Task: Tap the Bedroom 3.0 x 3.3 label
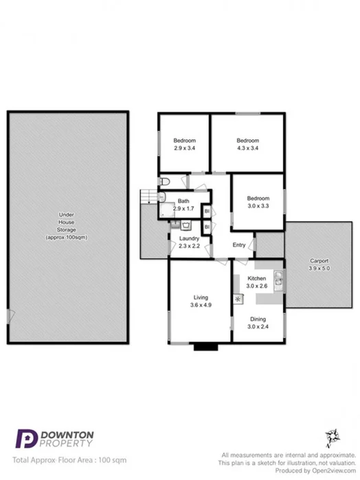(x=258, y=202)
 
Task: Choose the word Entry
(x=239, y=245)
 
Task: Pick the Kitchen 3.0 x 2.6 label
(x=256, y=282)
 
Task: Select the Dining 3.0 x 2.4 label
(x=257, y=323)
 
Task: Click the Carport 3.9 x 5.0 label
(x=318, y=264)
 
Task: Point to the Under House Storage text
(x=66, y=226)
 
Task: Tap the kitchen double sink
(x=278, y=278)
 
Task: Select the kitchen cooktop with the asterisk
(x=238, y=299)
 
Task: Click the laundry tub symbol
(x=185, y=225)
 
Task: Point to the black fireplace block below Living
(x=205, y=347)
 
